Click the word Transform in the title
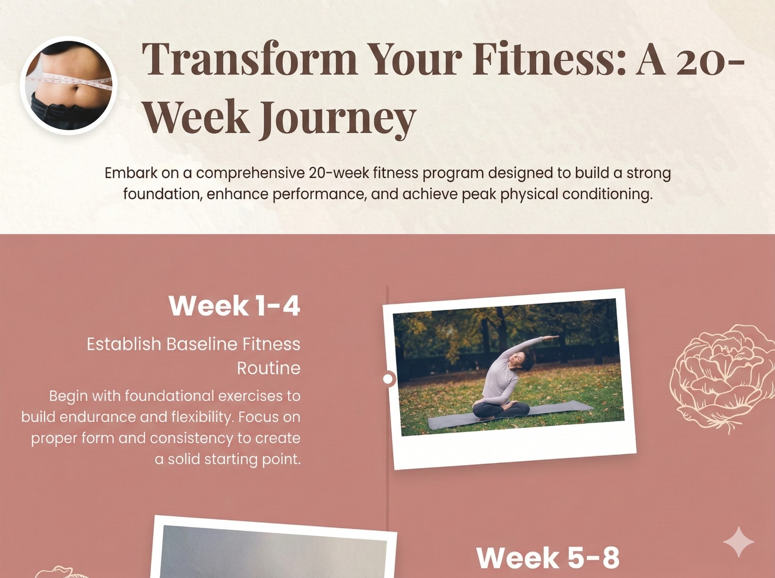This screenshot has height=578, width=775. pos(249,59)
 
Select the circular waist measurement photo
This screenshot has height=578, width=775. pos(68,85)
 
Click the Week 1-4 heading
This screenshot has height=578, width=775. pos(234,306)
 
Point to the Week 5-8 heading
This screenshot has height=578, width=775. pos(548,558)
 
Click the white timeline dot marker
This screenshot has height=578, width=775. pos(388,379)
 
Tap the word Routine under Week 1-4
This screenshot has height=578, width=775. pos(269,368)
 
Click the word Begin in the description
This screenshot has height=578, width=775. pos(68,396)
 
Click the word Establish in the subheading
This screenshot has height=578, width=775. pos(124,344)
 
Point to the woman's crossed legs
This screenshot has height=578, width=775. pos(501,411)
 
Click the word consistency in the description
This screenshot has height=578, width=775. pos(192,438)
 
